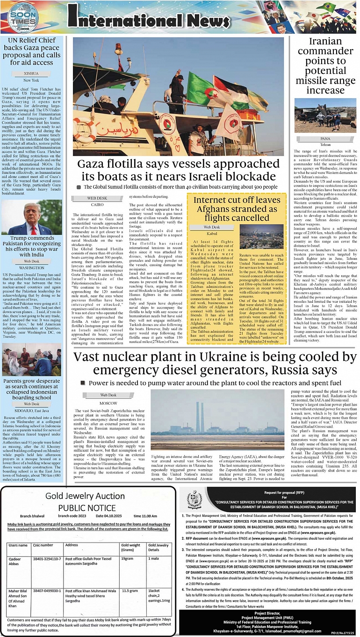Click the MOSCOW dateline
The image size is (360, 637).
108,402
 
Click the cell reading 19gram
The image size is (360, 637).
128,558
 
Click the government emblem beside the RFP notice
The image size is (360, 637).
194,500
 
